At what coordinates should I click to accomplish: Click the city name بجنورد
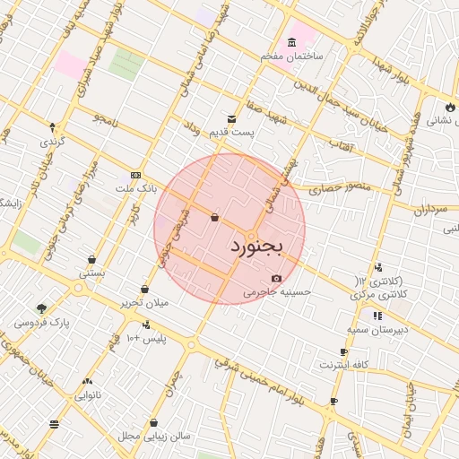[256, 245]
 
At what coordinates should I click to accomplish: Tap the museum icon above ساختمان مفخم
[292, 42]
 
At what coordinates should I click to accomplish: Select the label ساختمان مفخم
[291, 56]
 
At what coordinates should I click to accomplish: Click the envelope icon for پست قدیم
[232, 118]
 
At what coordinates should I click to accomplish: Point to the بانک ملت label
[135, 189]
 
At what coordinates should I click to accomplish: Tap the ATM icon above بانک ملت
[135, 175]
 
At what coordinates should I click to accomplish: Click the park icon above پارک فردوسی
[42, 307]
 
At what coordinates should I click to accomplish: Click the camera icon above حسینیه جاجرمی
[276, 278]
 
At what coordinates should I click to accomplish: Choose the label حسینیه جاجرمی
[277, 291]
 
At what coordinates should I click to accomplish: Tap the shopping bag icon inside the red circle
[214, 217]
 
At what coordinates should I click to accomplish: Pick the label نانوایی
[86, 394]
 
